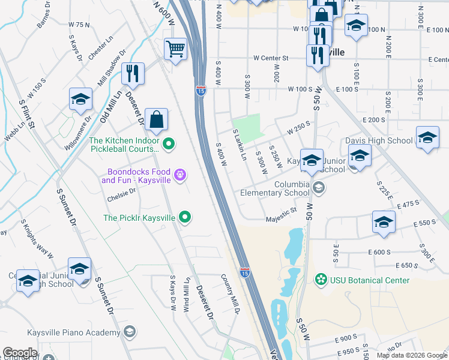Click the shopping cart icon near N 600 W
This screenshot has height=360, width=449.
[x=175, y=49]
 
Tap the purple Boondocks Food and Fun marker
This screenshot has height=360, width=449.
[x=179, y=175]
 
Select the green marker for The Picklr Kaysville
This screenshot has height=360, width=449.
[x=185, y=218]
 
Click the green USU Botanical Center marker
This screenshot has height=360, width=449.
[x=321, y=280]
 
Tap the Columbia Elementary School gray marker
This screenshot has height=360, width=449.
[x=318, y=188]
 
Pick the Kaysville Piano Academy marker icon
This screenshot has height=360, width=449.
[x=129, y=332]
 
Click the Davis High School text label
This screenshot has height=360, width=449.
[x=379, y=141]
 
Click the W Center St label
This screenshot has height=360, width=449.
[x=271, y=59]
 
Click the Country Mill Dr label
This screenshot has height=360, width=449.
[x=230, y=295]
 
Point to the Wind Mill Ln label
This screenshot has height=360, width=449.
[x=187, y=294]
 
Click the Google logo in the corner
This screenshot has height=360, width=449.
[x=20, y=353]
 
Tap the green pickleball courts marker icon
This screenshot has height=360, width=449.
[x=169, y=143]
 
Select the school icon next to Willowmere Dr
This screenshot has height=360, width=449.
[x=80, y=100]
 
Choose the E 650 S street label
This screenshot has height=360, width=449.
[x=408, y=265]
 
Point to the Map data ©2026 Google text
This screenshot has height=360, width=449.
[x=411, y=355]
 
